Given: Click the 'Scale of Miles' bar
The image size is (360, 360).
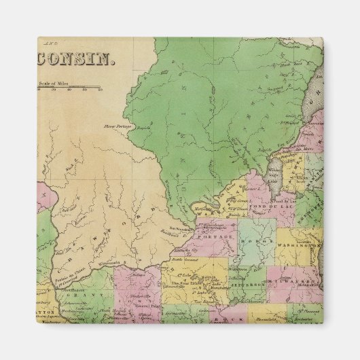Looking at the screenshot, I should tap(68, 88).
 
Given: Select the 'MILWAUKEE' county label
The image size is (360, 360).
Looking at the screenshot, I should tap(305, 279).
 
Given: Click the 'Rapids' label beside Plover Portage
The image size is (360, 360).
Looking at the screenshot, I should tap(143, 127).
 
